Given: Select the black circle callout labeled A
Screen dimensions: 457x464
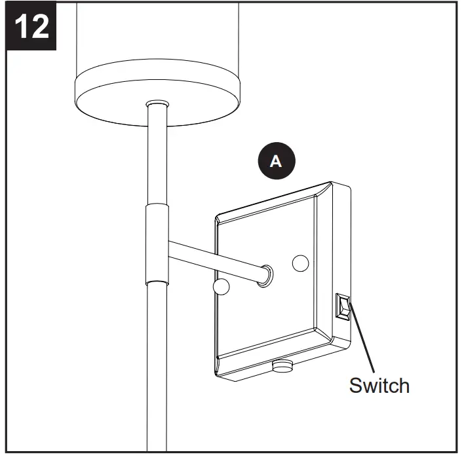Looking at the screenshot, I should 276,161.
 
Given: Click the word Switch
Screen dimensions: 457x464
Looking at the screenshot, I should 379,385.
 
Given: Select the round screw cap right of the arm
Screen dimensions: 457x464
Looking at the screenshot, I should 300,263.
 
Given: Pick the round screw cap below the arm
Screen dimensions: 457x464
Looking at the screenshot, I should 221,287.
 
